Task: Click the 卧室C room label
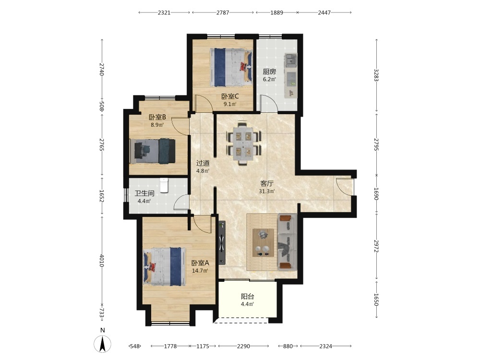click(x=230, y=96)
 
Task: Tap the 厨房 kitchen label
click(x=269, y=72)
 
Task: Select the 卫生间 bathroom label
click(x=144, y=193)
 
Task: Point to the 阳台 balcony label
click(x=247, y=296)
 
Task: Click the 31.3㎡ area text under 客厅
click(x=267, y=192)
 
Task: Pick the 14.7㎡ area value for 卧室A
click(x=200, y=271)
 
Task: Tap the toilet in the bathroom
click(x=164, y=185)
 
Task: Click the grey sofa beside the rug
click(x=287, y=242)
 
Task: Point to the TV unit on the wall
click(x=222, y=243)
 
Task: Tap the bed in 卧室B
click(x=153, y=151)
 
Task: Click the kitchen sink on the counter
click(x=290, y=60)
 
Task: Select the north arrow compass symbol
click(x=103, y=344)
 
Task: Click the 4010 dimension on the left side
click(x=102, y=260)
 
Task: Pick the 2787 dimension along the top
click(x=223, y=12)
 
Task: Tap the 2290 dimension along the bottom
click(x=243, y=346)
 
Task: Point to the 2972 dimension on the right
click(x=376, y=245)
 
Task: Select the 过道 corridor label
click(x=203, y=164)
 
